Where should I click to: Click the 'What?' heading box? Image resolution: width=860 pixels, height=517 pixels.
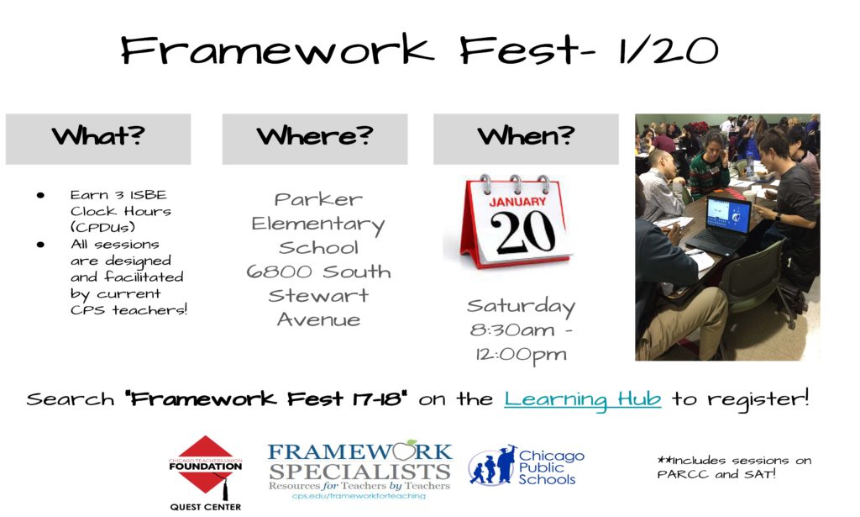pos(98,139)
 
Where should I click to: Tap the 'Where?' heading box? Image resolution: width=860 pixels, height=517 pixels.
pos(315,139)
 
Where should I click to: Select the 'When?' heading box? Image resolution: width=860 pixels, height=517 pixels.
pos(526,139)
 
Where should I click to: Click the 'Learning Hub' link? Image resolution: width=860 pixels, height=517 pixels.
pos(583,399)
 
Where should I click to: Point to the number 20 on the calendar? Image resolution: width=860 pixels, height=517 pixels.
pos(522,232)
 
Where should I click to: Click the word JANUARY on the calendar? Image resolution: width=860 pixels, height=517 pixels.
pos(517,202)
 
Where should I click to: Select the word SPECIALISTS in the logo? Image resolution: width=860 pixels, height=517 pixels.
pos(359,472)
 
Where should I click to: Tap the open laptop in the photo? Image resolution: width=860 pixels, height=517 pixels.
pos(720,225)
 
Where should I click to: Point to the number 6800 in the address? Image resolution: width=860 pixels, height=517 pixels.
pos(279,272)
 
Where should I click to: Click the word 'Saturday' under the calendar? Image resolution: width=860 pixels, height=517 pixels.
pos(521,306)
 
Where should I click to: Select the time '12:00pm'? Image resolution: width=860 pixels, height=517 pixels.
pos(521,355)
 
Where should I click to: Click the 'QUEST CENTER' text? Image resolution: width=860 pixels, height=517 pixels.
pos(205,507)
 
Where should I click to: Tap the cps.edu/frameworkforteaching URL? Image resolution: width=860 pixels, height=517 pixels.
pos(359,496)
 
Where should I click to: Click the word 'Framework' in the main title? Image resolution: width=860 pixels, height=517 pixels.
pos(277,50)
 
